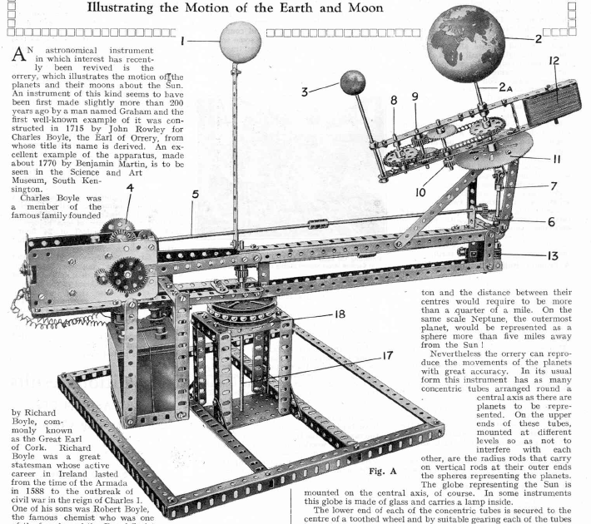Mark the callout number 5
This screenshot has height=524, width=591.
click(x=193, y=196)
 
